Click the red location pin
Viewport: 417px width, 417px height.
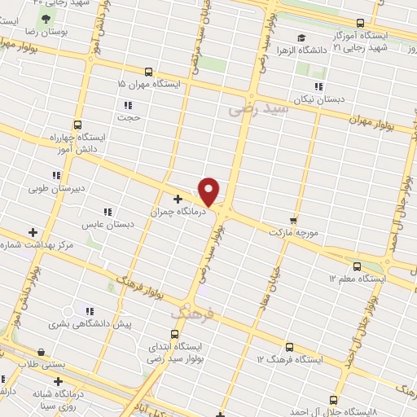click(209, 191)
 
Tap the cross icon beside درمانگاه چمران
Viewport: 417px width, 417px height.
click(178, 199)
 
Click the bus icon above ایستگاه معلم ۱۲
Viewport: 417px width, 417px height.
click(357, 266)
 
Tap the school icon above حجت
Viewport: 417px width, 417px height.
click(128, 104)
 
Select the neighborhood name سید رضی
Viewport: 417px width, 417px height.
click(259, 108)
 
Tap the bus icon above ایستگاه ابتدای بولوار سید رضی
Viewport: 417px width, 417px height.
click(174, 334)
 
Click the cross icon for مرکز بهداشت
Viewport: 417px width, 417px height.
click(33, 233)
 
